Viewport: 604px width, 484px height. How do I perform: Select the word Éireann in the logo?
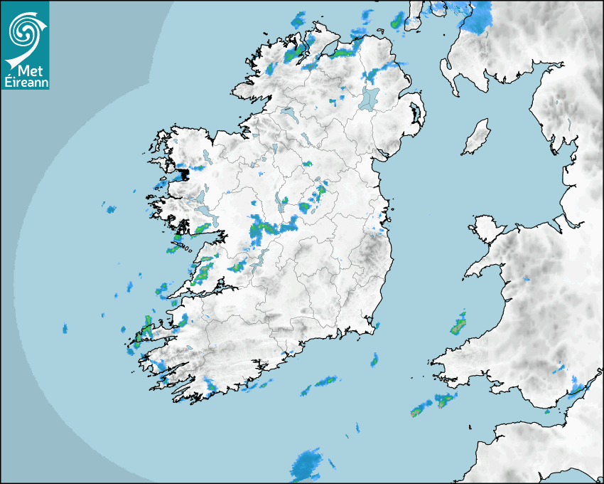click(x=26, y=83)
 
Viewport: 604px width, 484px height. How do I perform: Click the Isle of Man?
click(x=477, y=137)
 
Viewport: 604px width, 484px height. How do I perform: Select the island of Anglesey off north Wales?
click(x=487, y=227)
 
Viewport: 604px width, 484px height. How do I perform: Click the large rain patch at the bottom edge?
click(x=306, y=464)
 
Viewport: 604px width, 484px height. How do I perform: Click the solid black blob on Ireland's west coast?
click(x=183, y=173)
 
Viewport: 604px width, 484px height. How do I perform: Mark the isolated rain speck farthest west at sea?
click(x=65, y=329)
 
